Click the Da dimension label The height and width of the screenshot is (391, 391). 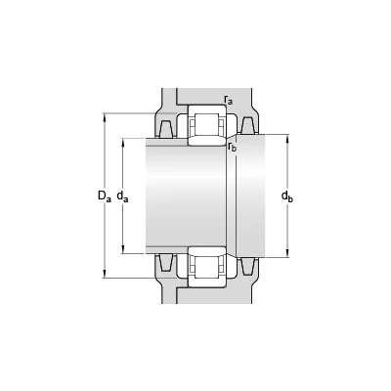pyautogui.click(x=105, y=195)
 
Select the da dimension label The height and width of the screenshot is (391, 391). pyautogui.click(x=122, y=196)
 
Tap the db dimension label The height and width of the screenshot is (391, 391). pyautogui.click(x=287, y=196)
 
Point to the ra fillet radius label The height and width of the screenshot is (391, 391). pyautogui.click(x=229, y=100)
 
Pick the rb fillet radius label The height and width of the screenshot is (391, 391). pyautogui.click(x=232, y=147)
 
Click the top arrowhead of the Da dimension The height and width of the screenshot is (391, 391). pyautogui.click(x=105, y=117)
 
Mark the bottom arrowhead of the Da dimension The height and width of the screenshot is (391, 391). pyautogui.click(x=105, y=274)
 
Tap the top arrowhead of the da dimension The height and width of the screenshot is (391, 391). pyautogui.click(x=123, y=143)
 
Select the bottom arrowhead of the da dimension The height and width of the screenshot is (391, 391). pyautogui.click(x=123, y=249)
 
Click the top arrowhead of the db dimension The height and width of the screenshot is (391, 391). pyautogui.click(x=287, y=138)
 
